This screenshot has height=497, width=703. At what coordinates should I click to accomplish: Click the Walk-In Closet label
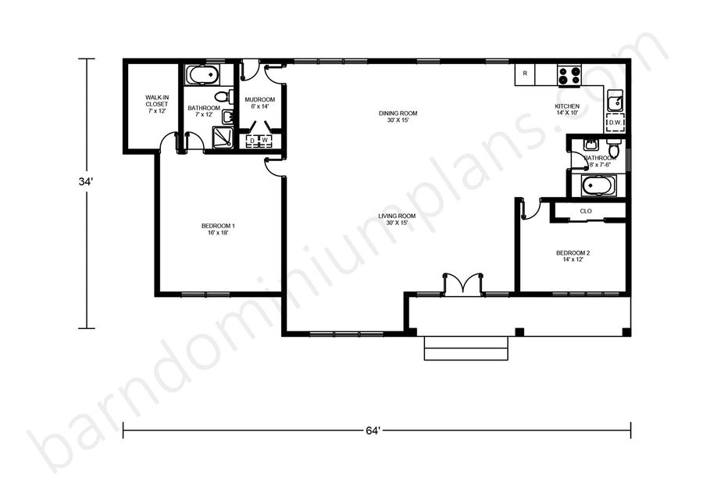pyautogui.click(x=156, y=104)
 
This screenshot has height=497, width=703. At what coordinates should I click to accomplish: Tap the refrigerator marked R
pyautogui.click(x=525, y=74)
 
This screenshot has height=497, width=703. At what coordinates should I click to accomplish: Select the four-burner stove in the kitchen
pyautogui.click(x=569, y=74)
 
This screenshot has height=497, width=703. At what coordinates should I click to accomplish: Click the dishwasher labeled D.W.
pyautogui.click(x=615, y=123)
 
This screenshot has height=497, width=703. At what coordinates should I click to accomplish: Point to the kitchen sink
pyautogui.click(x=615, y=101)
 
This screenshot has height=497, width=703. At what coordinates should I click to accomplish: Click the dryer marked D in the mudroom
pyautogui.click(x=252, y=141)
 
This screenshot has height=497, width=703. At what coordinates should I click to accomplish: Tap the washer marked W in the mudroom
pyautogui.click(x=265, y=141)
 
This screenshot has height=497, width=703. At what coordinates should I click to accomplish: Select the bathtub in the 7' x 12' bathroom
pyautogui.click(x=202, y=75)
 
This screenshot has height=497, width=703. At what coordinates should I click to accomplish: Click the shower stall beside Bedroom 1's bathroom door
pyautogui.click(x=223, y=138)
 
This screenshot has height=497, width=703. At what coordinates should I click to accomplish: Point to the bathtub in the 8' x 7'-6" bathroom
pyautogui.click(x=598, y=185)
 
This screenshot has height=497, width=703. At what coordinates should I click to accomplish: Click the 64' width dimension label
pyautogui.click(x=373, y=431)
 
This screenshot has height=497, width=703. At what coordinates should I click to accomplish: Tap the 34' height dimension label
pyautogui.click(x=86, y=182)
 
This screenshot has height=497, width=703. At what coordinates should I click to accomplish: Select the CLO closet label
pyautogui.click(x=586, y=211)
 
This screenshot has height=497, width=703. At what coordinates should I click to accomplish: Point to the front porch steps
pyautogui.click(x=466, y=348)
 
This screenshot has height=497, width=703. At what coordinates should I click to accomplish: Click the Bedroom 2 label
pyautogui.click(x=573, y=256)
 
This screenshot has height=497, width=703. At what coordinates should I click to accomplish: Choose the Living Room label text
pyautogui.click(x=397, y=219)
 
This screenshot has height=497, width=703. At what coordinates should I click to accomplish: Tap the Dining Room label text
pyautogui.click(x=398, y=116)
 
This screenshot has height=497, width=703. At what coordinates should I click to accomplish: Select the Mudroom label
pyautogui.click(x=259, y=102)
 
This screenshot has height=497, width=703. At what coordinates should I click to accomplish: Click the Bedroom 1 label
pyautogui.click(x=218, y=229)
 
